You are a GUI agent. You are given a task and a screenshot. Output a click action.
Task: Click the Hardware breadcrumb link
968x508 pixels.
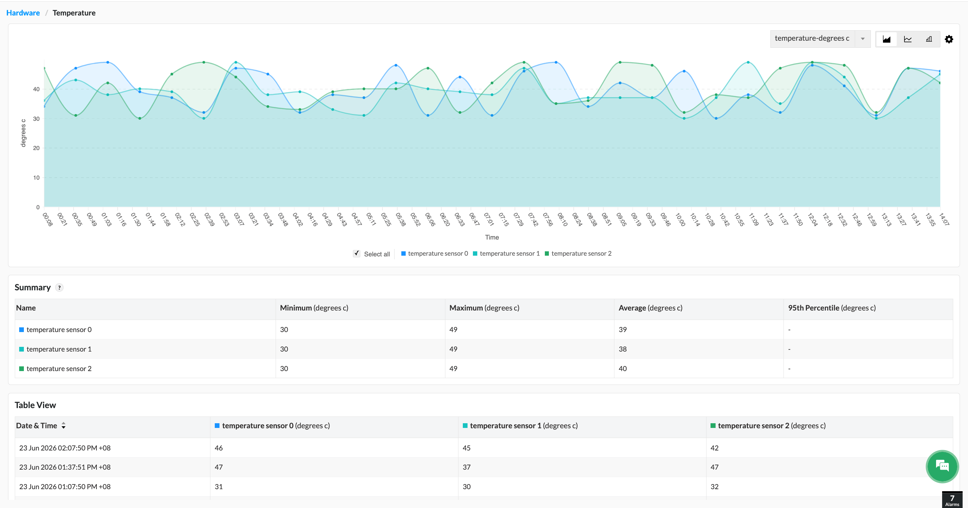23,13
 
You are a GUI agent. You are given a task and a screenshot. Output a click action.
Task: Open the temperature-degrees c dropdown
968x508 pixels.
820,39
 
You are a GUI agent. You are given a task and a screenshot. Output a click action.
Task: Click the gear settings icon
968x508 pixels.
949,39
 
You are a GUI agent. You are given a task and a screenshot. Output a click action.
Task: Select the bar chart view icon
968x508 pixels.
929,39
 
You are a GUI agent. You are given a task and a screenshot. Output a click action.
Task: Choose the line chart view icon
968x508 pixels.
908,39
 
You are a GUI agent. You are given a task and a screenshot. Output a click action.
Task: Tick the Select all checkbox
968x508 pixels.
357,253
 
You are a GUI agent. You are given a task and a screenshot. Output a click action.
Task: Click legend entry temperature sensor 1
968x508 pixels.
506,253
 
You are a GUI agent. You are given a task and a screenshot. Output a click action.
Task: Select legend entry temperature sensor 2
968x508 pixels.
578,253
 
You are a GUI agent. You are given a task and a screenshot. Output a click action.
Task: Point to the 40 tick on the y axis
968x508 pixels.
36,89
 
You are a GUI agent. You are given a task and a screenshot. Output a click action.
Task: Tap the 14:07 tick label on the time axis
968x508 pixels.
943,219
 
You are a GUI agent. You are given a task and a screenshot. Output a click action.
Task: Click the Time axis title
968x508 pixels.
492,237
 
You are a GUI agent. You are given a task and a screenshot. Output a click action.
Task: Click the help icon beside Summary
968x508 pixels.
59,288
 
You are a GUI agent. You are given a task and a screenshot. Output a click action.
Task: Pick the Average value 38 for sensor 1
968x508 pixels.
623,349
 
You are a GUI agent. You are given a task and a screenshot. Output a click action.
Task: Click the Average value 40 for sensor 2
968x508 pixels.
623,368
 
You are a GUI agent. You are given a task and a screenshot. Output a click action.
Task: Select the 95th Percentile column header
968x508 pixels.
832,308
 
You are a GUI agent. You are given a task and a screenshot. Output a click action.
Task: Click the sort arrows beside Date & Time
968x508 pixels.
64,425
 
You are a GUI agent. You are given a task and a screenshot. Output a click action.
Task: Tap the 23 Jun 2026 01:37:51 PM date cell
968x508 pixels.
65,467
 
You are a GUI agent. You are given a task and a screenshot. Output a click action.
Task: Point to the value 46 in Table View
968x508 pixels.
219,448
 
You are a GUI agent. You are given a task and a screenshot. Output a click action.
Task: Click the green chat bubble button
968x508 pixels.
942,466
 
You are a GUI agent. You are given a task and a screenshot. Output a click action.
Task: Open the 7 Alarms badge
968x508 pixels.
952,500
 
